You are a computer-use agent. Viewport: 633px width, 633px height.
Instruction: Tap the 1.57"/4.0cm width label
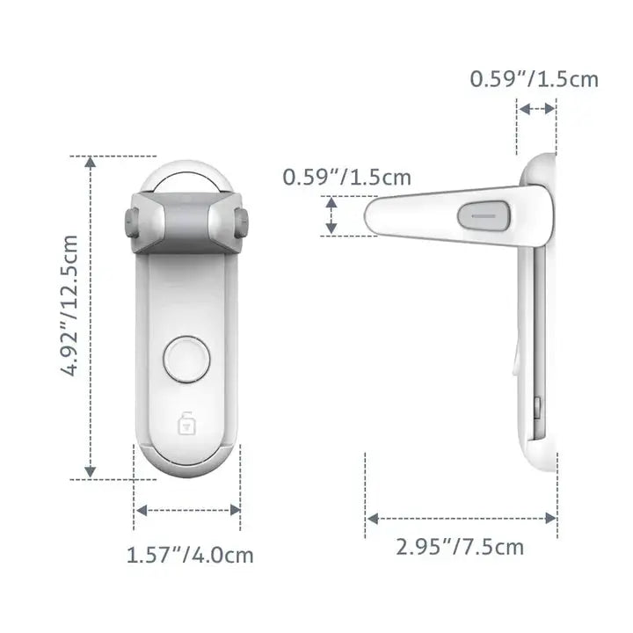tap(190, 555)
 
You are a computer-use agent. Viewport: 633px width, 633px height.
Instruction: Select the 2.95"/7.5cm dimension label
tap(459, 547)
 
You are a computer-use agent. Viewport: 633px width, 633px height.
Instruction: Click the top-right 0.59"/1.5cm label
tap(534, 79)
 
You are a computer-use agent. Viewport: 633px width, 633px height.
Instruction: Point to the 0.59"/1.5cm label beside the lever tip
tap(346, 177)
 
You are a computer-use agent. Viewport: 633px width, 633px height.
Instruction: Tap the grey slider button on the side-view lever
tap(484, 214)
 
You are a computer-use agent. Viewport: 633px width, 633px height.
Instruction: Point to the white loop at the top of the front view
tap(186, 172)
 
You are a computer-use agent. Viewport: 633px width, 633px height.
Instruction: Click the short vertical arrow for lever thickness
tap(331, 216)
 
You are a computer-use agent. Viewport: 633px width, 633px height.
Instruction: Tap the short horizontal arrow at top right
tap(536, 109)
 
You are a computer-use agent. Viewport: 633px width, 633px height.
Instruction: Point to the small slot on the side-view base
tap(537, 405)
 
